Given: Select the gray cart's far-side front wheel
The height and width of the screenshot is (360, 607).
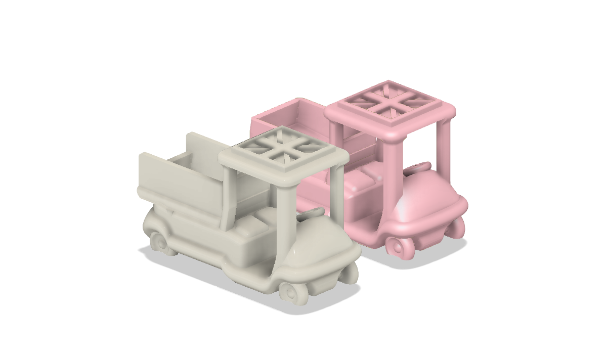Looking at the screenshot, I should coord(351,273).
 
